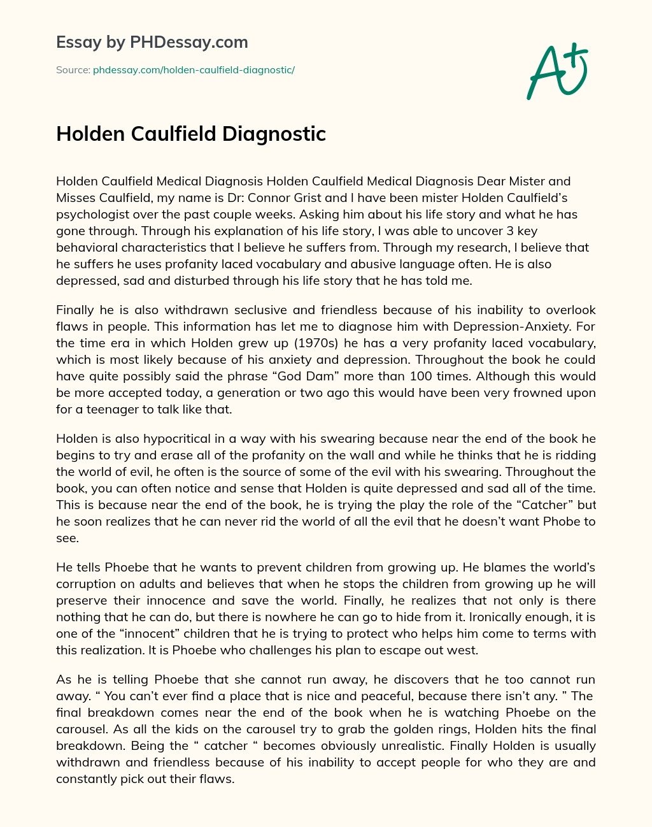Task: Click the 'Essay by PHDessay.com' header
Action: click(x=152, y=43)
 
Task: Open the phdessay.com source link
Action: click(x=194, y=69)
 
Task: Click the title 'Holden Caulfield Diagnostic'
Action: click(x=191, y=134)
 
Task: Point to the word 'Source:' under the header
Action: click(x=73, y=69)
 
